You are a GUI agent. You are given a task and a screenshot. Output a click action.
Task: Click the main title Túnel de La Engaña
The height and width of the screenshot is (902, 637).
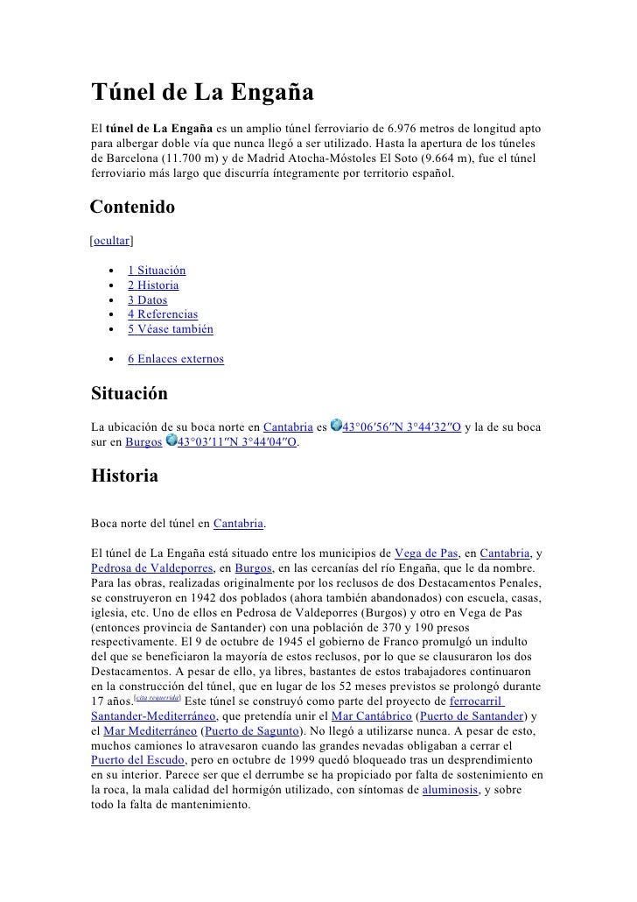tap(203, 92)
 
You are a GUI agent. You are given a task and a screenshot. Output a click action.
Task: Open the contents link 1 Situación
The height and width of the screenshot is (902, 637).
tap(157, 271)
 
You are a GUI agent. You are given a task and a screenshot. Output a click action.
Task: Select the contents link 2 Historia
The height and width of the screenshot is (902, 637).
tap(153, 285)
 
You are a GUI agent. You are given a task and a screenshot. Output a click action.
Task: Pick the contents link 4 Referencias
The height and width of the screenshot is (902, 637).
tap(163, 314)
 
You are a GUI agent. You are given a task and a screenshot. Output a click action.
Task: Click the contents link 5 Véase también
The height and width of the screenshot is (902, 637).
tap(170, 329)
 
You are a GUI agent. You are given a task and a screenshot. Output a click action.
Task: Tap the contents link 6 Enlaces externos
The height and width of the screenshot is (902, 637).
tap(175, 359)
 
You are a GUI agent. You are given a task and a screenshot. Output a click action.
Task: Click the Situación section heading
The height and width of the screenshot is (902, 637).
tap(129, 394)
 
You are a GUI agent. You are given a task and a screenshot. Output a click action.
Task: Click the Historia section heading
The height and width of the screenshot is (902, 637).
tap(125, 477)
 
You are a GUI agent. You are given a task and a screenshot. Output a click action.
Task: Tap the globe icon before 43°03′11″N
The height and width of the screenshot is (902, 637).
tap(171, 441)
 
